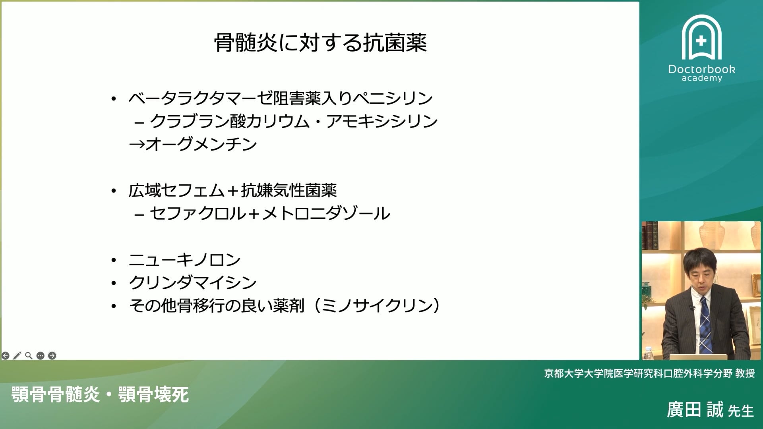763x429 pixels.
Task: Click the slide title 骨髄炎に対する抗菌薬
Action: click(x=320, y=43)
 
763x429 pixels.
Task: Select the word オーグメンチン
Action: click(x=201, y=144)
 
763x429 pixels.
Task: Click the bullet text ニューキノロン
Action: click(x=185, y=260)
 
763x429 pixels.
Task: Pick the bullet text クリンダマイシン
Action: click(x=193, y=282)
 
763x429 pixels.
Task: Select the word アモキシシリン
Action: click(x=382, y=121)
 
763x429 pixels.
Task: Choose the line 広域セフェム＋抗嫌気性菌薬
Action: click(x=232, y=191)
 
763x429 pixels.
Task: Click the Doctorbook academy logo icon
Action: click(x=701, y=38)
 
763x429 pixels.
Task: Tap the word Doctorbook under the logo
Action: click(x=702, y=69)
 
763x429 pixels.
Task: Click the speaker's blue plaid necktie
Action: click(x=705, y=326)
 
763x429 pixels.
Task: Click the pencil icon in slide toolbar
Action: click(x=17, y=356)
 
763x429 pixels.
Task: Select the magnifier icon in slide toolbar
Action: click(x=29, y=356)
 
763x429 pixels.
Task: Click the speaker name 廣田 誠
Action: click(x=695, y=410)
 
